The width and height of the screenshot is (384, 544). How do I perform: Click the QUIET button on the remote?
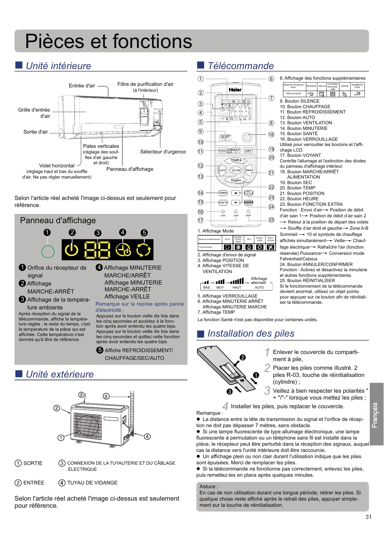[x=225, y=137]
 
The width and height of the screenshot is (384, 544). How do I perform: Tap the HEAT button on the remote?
[x=236, y=150]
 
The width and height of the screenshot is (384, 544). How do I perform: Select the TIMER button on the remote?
[x=223, y=193]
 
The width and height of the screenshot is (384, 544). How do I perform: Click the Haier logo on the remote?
[x=235, y=90]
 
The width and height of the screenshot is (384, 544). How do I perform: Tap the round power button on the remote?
[x=247, y=137]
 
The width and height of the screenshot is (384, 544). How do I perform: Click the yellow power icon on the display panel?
[x=72, y=250]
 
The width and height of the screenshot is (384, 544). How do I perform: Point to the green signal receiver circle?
[x=48, y=251]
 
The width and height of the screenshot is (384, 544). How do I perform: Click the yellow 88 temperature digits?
[x=97, y=250]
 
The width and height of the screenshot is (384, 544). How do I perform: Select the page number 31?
[x=368, y=517]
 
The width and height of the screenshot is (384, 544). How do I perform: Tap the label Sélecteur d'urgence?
[x=163, y=152]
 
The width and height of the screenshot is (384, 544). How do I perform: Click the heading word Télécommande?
[x=240, y=66]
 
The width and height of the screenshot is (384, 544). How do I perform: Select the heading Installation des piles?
[x=251, y=334]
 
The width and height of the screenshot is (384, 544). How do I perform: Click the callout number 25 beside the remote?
[x=271, y=220]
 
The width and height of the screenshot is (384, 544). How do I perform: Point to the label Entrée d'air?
[x=82, y=86]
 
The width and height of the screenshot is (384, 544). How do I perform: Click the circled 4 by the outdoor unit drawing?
[x=147, y=436]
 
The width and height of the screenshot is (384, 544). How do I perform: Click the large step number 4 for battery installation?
[x=225, y=406]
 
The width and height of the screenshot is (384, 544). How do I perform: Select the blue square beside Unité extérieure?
[x=19, y=374]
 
